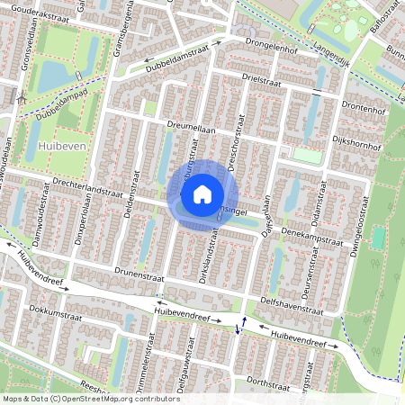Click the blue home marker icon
[202, 193]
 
